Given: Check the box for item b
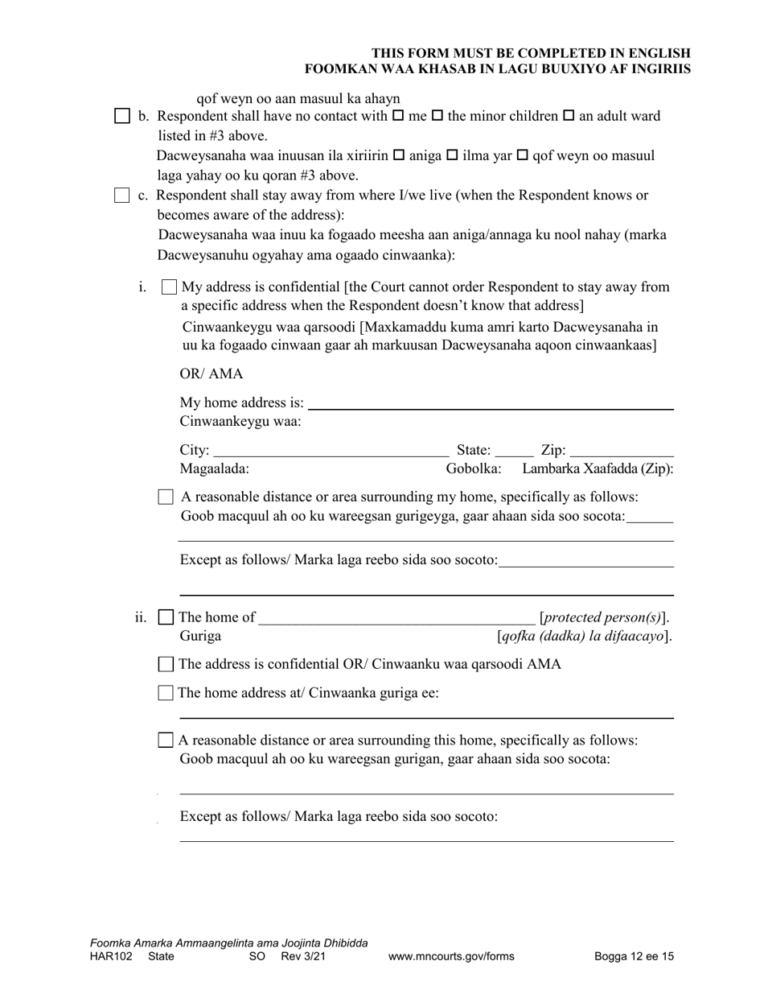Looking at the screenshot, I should pyautogui.click(x=121, y=117).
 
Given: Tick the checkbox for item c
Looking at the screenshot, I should pyautogui.click(x=121, y=196).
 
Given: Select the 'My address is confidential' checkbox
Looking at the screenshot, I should pyautogui.click(x=169, y=287).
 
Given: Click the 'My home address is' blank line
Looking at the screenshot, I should pyautogui.click(x=491, y=404).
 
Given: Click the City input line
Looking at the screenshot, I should pyautogui.click(x=331, y=452).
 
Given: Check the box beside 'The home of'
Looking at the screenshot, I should pyautogui.click(x=166, y=618).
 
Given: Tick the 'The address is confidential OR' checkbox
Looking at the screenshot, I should pyautogui.click(x=166, y=665).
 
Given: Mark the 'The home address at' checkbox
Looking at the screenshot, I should pyautogui.click(x=166, y=693).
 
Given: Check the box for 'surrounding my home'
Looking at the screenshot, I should pyautogui.click(x=166, y=497).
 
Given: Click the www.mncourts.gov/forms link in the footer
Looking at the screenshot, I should pyautogui.click(x=451, y=957).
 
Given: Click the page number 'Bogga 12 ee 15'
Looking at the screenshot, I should pyautogui.click(x=634, y=957).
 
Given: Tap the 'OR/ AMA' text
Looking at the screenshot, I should pyautogui.click(x=211, y=374).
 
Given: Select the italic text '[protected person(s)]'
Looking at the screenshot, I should pyautogui.click(x=606, y=618).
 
